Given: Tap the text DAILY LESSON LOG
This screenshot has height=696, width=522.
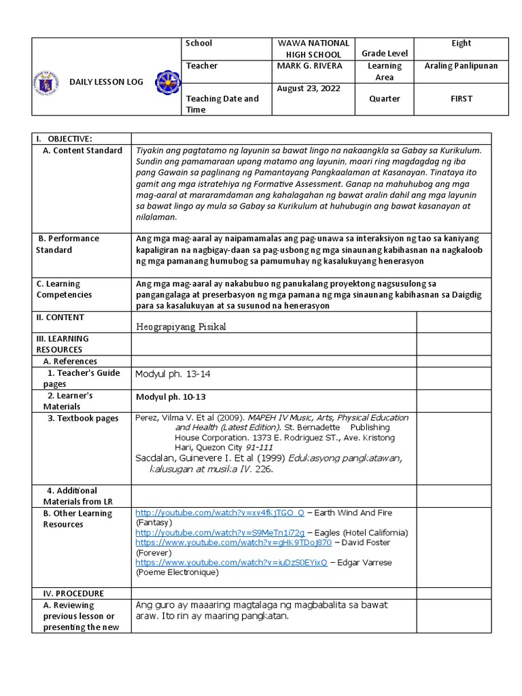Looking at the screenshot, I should point(107,82).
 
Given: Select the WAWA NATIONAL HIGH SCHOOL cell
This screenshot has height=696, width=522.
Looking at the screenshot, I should point(313,49).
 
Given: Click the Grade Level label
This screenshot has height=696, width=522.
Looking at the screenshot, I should point(385,54).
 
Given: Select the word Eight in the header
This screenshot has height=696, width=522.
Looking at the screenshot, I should point(461,43).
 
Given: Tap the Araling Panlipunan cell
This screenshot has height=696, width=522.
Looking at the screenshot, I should point(461,66).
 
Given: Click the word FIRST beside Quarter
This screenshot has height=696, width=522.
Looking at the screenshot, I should point(461,99).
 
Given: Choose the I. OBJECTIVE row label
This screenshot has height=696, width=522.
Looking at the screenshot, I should point(64,139).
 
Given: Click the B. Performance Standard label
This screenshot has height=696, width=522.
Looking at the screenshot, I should point(68,244).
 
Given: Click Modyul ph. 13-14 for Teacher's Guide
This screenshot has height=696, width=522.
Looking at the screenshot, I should point(173,373).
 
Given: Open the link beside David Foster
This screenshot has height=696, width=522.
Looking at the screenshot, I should point(234,543).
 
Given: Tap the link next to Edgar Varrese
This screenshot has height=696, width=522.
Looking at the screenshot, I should point(231,563).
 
